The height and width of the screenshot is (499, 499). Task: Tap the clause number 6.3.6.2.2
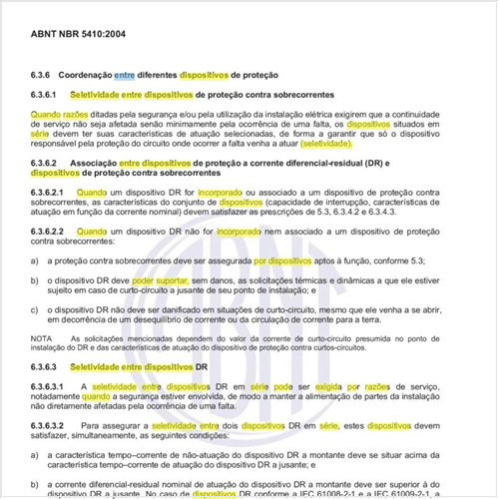pyautogui.click(x=50, y=231)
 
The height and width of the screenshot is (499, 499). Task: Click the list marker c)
pyautogui.click(x=35, y=309)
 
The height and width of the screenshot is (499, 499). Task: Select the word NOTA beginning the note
pyautogui.click(x=42, y=339)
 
